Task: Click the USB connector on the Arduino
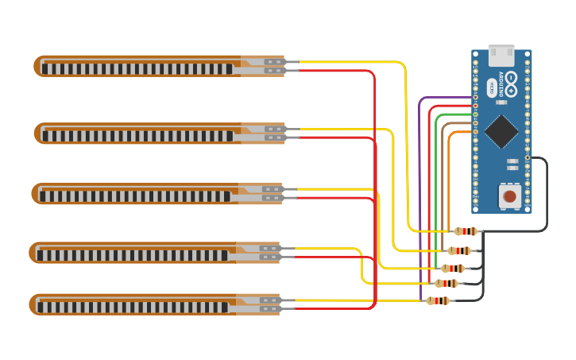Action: click(501, 56)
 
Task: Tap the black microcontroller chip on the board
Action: click(501, 131)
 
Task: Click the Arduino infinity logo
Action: click(510, 79)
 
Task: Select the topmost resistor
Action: click(466, 231)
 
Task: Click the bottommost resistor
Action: click(438, 300)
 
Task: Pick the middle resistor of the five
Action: click(453, 269)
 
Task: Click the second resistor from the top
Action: click(459, 250)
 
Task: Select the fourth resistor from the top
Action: click(446, 283)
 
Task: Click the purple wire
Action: click(420, 199)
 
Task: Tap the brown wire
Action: click(443, 183)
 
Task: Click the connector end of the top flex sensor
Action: click(274, 66)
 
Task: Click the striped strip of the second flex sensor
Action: click(135, 136)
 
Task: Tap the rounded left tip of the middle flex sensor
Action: click(35, 194)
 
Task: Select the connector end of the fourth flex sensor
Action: click(270, 253)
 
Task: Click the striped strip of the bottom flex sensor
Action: click(131, 307)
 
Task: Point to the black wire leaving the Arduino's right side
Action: click(546, 191)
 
